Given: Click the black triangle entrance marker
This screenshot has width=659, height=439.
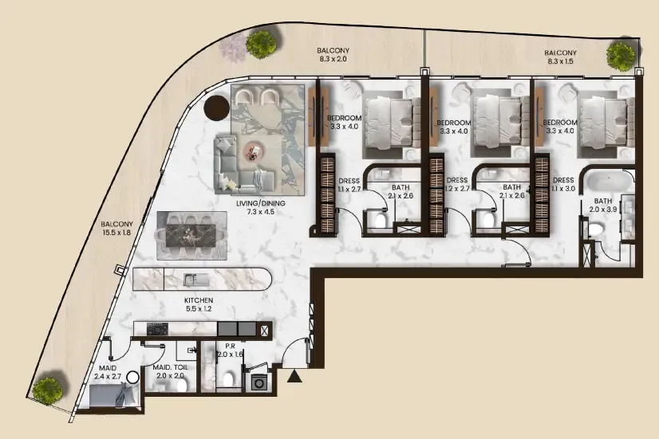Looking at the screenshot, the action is [294, 377].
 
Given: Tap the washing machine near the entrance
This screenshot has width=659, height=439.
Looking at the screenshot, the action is [257, 382].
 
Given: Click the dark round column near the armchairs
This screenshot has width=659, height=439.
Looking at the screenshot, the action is [217, 108].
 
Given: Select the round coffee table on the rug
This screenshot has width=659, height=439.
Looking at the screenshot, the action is [254, 151].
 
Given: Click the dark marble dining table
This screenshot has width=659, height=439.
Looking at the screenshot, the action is [191, 236].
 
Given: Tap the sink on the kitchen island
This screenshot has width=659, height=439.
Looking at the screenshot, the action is [195, 279].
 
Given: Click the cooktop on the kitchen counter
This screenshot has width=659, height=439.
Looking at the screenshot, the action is [157, 329].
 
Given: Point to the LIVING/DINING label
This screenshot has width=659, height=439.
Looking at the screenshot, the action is [261, 203].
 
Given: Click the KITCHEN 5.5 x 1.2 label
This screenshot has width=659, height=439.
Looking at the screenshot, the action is [199, 304].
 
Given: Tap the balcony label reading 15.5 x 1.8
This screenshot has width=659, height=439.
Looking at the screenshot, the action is [116, 229].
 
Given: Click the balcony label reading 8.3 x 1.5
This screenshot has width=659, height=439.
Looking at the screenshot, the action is [560, 57].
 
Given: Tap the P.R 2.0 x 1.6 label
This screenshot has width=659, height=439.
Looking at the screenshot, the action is [230, 350].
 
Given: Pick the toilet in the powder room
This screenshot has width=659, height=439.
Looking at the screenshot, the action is [229, 379].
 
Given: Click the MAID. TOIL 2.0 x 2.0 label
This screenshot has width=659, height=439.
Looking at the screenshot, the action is [170, 371].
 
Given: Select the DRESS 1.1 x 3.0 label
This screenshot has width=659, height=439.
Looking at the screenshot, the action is [563, 184].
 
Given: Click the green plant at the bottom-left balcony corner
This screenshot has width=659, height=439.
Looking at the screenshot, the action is [48, 390].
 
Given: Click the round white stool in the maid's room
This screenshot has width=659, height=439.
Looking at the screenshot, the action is [132, 378].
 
